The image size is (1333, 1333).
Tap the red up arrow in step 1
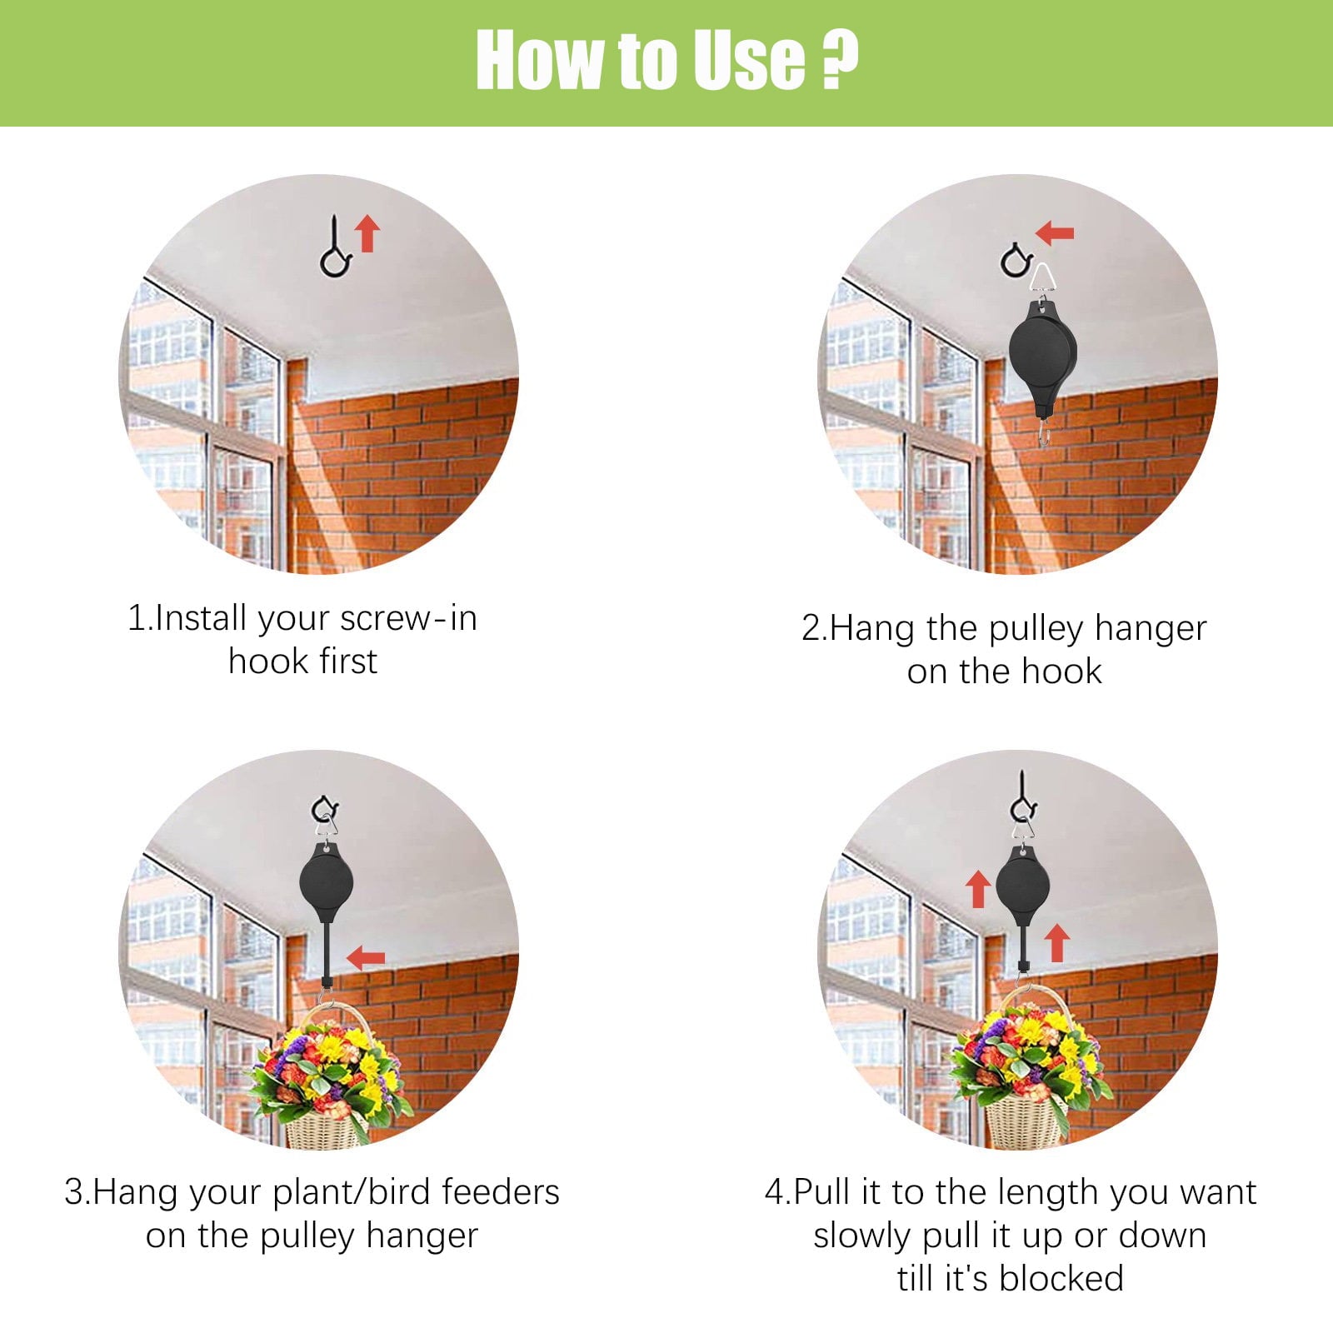(367, 234)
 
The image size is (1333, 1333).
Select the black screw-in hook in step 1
(336, 250)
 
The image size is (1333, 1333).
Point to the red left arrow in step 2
(1056, 233)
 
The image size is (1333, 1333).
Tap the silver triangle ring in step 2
(1041, 279)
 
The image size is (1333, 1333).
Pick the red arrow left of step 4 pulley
(978, 890)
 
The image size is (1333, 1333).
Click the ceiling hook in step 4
(1023, 800)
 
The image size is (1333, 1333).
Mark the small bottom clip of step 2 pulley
(1043, 433)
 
